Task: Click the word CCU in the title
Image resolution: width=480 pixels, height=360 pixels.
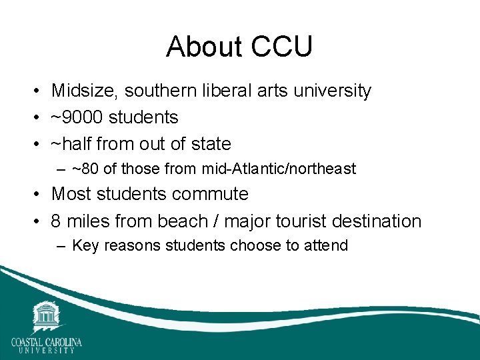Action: coord(282,47)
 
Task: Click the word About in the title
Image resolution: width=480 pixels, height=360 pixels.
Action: coord(205,47)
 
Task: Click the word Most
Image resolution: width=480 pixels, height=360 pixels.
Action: coord(71,194)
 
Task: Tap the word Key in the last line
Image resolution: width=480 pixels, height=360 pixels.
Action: coord(85,245)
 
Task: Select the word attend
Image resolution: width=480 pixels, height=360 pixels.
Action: coord(325,245)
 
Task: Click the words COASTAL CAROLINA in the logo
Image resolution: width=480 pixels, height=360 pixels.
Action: coord(46,342)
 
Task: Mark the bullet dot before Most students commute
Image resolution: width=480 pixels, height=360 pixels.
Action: coord(38,195)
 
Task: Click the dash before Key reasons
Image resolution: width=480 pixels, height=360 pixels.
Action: coord(61,246)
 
